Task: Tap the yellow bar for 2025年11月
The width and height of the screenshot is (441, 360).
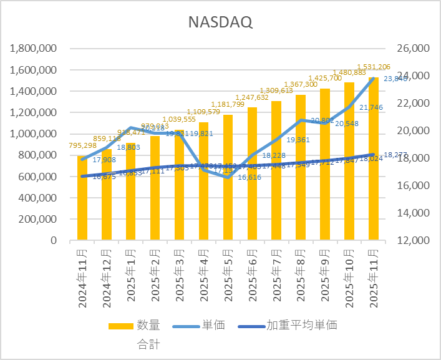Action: point(374,159)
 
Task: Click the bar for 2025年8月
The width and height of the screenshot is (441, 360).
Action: point(301,168)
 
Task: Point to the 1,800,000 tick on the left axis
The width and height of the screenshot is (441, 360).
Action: point(32,49)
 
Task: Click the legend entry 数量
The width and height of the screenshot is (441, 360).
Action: point(148,325)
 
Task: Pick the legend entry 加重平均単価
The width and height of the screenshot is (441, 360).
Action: point(302,325)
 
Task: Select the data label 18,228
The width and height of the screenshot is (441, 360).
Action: point(274,156)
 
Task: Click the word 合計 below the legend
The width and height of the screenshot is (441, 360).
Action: point(148,343)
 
